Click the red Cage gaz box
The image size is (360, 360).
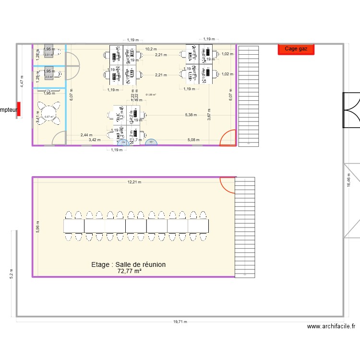coord(296,48)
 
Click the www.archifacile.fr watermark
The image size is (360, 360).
coord(331,326)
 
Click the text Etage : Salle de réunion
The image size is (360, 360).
coord(129,264)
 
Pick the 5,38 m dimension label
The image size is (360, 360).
coord(191,115)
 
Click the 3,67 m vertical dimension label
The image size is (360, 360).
coord(209,116)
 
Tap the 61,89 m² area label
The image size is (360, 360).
coord(151,95)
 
